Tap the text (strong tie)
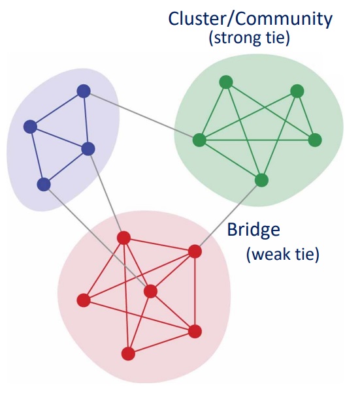click(x=249, y=39)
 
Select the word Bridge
click(x=254, y=230)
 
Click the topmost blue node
click(x=83, y=91)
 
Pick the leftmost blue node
click(x=29, y=127)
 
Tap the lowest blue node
click(x=44, y=185)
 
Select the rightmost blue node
click(x=89, y=149)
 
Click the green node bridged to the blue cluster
click(x=199, y=140)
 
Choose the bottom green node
click(x=261, y=180)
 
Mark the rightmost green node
click(x=315, y=140)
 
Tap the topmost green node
click(x=226, y=82)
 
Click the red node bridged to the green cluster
click(x=195, y=251)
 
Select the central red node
click(x=150, y=291)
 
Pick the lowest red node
click(x=128, y=354)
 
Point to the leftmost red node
click(x=83, y=300)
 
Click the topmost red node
click(x=123, y=238)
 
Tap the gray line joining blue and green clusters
click(x=140, y=116)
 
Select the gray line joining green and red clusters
click(x=229, y=215)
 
